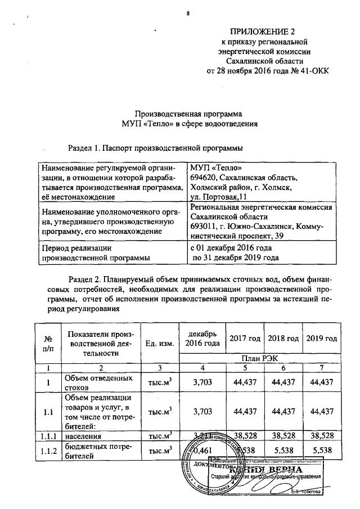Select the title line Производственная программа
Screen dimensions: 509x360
click(x=188, y=112)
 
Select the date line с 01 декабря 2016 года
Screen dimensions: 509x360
click(x=232, y=248)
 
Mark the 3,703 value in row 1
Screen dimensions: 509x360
click(x=201, y=382)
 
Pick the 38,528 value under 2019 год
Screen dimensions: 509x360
click(x=322, y=435)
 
